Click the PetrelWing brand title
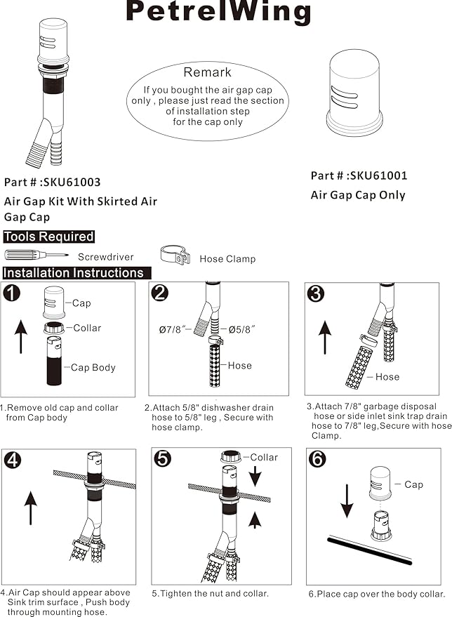tap(218, 12)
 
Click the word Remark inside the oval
tap(208, 72)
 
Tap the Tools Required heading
tap(49, 237)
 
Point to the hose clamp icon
tap(175, 256)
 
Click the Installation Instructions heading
tap(74, 272)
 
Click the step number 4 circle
tap(13, 460)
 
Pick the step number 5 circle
tap(163, 459)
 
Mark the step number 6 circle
tap(317, 460)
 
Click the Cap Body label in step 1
tap(93, 368)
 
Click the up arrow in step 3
tap(324, 338)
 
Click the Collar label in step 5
tap(264, 458)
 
